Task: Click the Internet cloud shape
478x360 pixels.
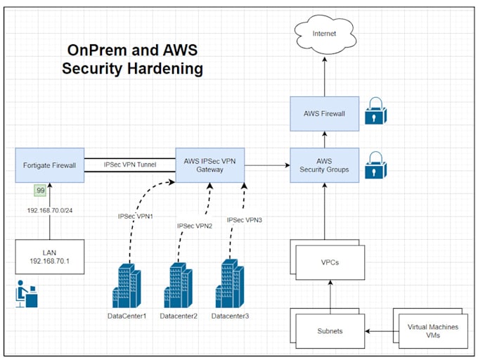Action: pos(324,32)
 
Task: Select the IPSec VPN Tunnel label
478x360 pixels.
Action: pos(129,165)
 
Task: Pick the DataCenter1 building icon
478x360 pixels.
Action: pos(127,285)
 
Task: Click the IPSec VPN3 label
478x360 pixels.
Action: pos(244,220)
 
